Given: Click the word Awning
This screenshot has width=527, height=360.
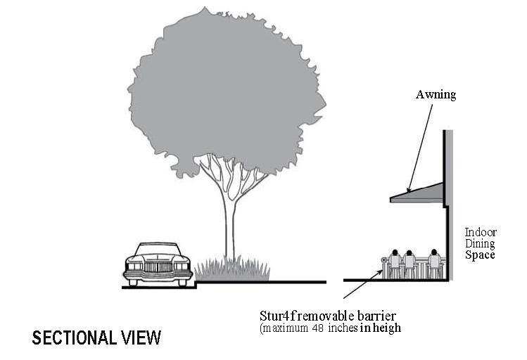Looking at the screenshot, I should pos(436,94).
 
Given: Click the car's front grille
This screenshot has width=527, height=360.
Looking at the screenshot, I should pos(158,267).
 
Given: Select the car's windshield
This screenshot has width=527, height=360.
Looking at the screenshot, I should pos(158,250).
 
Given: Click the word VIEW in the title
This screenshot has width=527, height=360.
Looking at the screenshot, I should pos(141,337).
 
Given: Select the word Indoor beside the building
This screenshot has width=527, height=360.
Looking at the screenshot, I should pos(481,232).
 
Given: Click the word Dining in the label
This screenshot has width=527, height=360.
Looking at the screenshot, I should pos(481,243).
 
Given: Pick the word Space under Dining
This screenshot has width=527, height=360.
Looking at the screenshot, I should pos(480,255).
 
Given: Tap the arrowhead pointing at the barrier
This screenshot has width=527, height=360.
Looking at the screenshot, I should pos(381,264).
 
